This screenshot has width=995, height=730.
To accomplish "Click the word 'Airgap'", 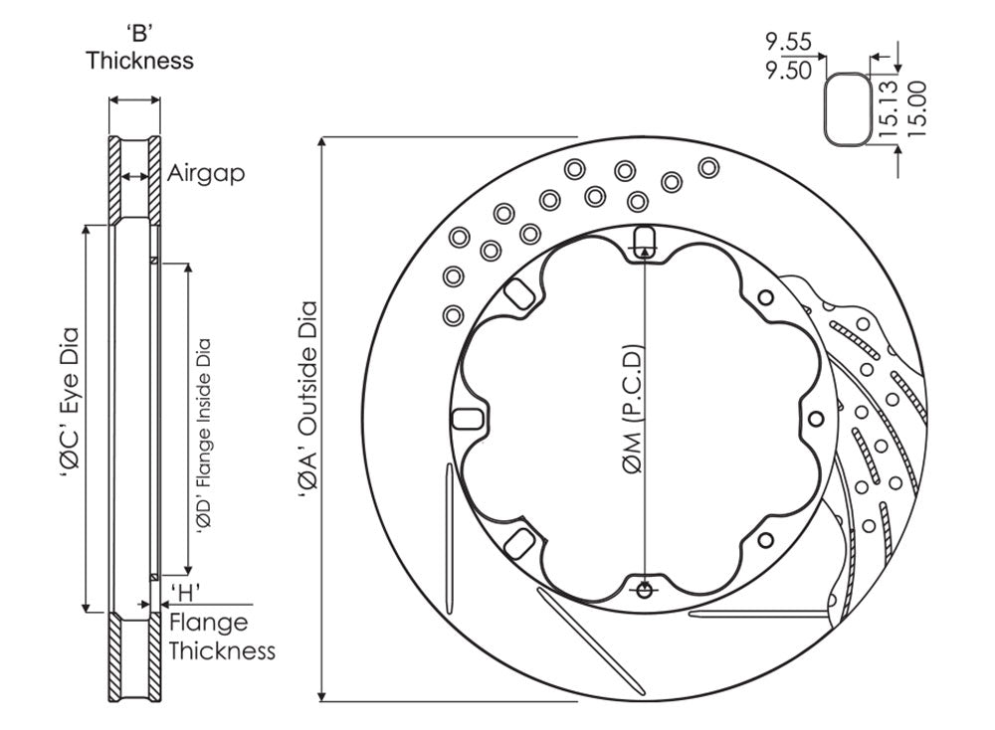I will (x=205, y=172).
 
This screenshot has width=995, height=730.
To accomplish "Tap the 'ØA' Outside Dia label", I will (x=307, y=419).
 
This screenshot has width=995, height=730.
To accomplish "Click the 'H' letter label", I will (x=186, y=594).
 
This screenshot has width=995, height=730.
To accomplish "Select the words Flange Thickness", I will (x=221, y=638).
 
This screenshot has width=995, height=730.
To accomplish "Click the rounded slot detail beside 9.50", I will (x=846, y=107).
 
